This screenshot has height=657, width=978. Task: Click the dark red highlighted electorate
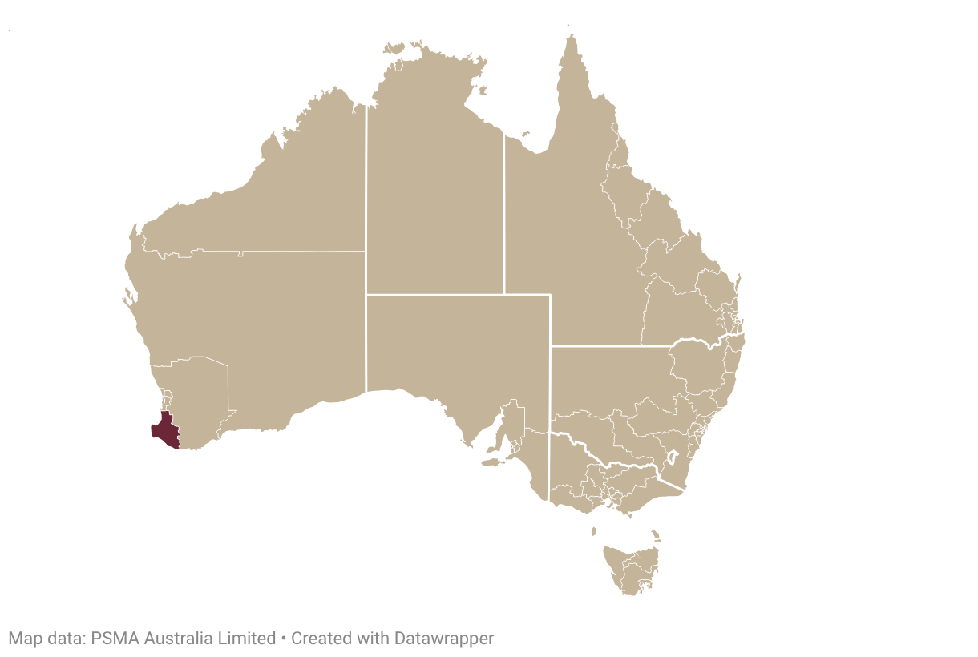(x=164, y=431)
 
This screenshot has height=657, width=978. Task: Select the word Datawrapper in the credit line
(x=443, y=639)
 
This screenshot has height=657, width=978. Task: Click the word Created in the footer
(x=318, y=639)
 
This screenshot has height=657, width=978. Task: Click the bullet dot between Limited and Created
(x=283, y=639)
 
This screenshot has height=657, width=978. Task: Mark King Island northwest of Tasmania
(x=593, y=531)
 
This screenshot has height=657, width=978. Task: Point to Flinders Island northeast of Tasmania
(x=655, y=534)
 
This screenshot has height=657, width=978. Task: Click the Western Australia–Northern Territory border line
(x=366, y=240)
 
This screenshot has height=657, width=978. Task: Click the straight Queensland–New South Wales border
(x=609, y=346)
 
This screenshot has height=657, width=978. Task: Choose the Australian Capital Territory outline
(x=671, y=459)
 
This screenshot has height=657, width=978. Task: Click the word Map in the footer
(x=23, y=639)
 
